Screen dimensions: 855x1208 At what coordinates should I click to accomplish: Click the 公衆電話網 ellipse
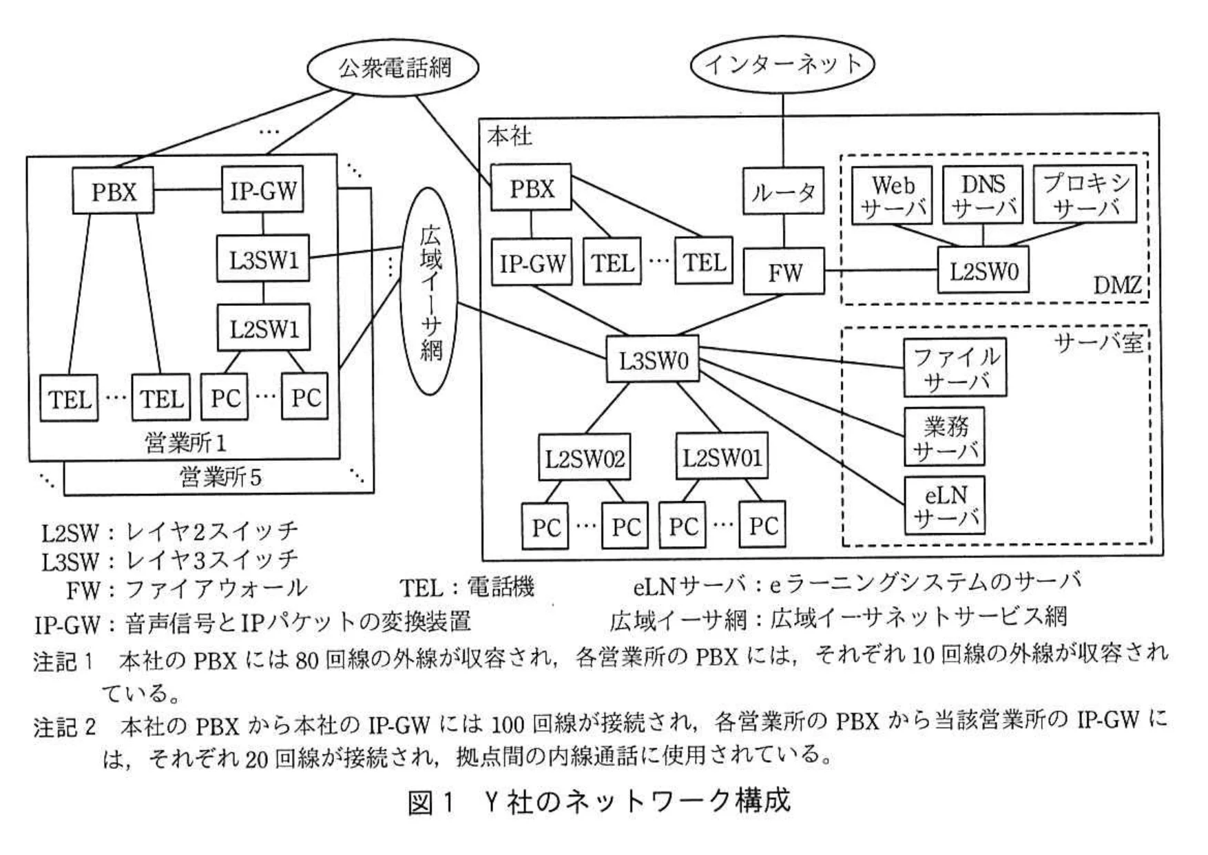393,68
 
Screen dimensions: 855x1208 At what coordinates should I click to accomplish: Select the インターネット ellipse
782,64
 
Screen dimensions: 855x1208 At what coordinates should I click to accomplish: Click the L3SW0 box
652,360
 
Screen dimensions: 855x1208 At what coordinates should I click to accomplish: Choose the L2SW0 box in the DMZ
983,271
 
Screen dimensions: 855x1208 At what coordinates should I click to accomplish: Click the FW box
784,272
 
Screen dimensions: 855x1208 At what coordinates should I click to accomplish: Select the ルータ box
783,191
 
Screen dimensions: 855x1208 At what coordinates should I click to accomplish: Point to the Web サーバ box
892,196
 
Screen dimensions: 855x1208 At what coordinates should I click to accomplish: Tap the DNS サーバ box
982,196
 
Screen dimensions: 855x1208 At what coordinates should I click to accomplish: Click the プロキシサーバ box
1085,195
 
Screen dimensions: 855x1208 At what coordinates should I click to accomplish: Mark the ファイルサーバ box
955,368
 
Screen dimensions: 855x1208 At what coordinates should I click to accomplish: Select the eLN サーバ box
944,505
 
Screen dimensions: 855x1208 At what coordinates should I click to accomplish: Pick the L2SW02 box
584,457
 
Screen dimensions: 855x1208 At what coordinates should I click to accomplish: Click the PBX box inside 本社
531,188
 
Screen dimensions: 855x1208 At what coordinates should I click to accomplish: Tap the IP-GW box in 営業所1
262,191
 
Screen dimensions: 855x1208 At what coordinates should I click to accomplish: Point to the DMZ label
1117,285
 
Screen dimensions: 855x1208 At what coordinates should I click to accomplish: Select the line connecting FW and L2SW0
882,271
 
